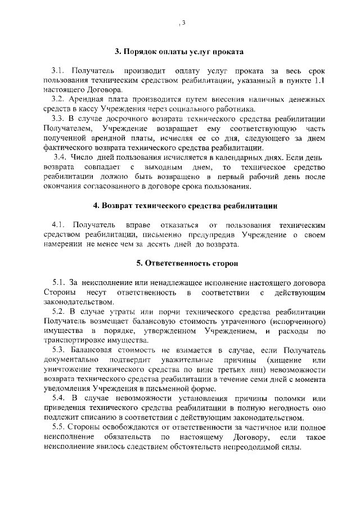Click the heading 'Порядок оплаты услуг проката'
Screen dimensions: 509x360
[x=179, y=51]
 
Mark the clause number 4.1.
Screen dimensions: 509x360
[x=59, y=226]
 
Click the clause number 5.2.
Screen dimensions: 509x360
[x=59, y=311]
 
